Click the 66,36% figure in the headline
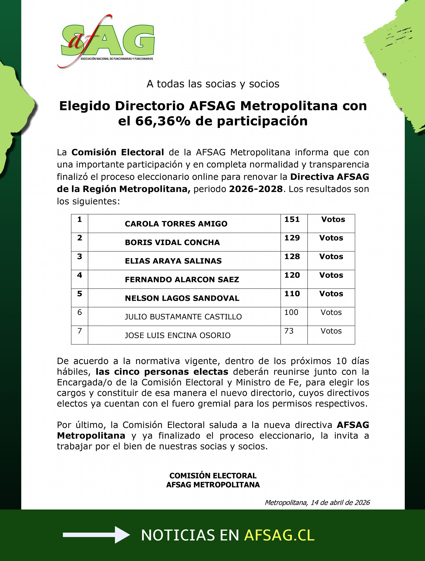coord(163,121)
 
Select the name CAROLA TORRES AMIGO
coord(176,224)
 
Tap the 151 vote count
coord(292,219)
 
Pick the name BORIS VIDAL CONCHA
coord(172,242)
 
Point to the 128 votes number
coord(292,256)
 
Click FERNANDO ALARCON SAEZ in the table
coord(182,279)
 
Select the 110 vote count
coord(292,294)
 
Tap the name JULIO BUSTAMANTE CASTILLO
coord(183,317)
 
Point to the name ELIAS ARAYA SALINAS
coord(173,261)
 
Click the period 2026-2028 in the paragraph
coord(256,189)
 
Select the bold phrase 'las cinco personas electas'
coord(162,372)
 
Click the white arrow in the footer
coord(96,535)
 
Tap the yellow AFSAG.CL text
coord(279,535)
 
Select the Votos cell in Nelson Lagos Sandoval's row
coord(331,294)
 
